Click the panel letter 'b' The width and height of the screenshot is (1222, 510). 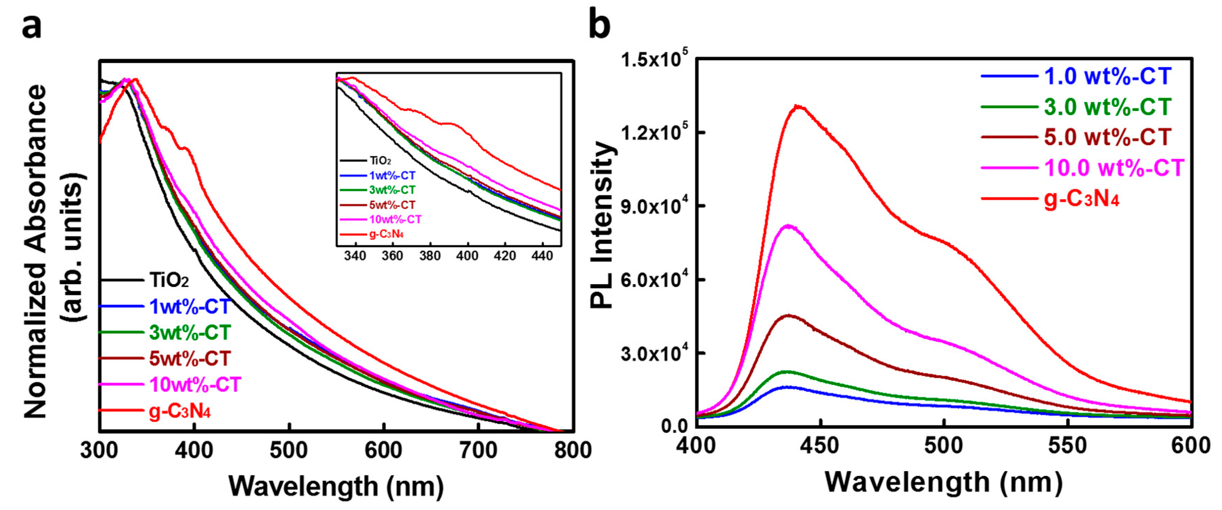(x=599, y=25)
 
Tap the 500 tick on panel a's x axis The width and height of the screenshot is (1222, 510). (x=289, y=449)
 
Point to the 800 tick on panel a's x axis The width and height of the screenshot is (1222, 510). (x=573, y=449)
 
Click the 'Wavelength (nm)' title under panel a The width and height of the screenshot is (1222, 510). (x=336, y=486)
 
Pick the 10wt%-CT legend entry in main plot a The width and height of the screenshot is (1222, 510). (x=195, y=384)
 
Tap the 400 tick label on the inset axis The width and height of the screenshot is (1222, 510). (x=467, y=256)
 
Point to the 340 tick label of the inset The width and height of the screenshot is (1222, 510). (x=355, y=256)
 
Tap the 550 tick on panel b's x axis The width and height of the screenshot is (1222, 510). (x=1067, y=446)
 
